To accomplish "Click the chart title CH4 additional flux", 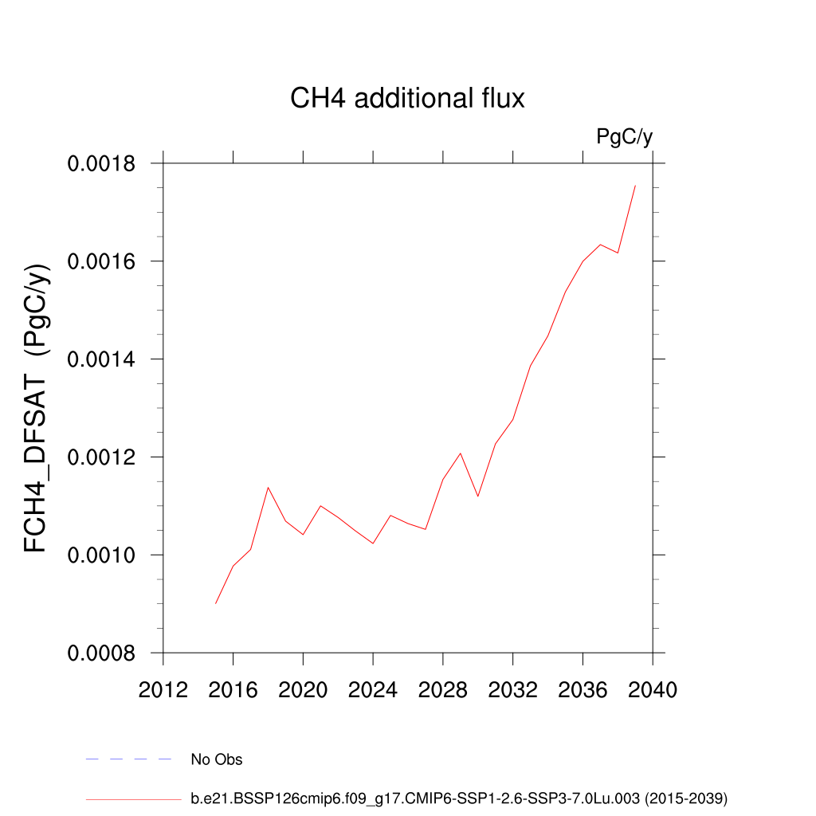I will (407, 99).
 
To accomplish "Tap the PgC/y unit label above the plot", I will (625, 137).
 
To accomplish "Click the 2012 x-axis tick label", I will (163, 689).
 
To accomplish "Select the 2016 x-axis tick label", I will (233, 689).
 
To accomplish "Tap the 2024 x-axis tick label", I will (373, 689).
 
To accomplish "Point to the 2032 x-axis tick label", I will (512, 689).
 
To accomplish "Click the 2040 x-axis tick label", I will (653, 689).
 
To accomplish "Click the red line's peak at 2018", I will (268, 487).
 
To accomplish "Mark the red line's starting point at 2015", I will (215, 603).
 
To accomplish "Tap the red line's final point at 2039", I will (635, 186).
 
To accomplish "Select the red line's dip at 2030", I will (478, 496).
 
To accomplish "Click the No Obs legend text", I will (217, 759).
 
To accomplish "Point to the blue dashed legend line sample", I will (129, 759).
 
